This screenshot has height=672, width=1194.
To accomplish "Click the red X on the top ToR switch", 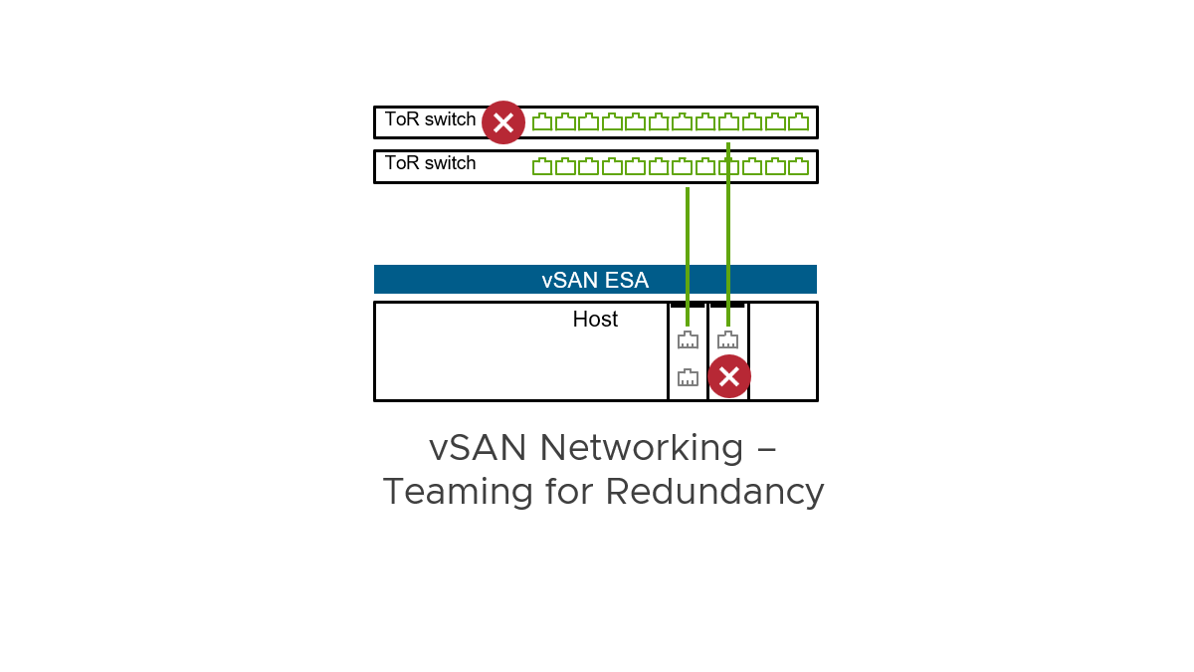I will (503, 122).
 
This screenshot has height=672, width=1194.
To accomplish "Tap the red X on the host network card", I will (729, 376).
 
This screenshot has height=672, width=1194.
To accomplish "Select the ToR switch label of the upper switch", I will (430, 119).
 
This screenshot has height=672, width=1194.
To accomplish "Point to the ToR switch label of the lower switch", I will (430, 163).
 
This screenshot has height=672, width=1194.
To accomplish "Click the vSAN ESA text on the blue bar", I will (595, 280).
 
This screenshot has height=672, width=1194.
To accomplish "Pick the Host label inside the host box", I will (595, 320).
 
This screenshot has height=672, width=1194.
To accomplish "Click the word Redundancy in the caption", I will (715, 492).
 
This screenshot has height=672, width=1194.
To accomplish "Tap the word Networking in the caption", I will (642, 448).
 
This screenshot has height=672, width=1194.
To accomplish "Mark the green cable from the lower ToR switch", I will (688, 249).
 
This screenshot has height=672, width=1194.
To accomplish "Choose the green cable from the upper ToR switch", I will (728, 229).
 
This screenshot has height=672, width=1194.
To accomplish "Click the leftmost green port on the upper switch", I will (542, 122).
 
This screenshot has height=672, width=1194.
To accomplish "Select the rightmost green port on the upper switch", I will (799, 122).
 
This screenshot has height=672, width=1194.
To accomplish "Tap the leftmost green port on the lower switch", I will (542, 166).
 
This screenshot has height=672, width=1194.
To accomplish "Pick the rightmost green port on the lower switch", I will (799, 166).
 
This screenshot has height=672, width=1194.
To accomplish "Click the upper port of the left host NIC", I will (688, 340).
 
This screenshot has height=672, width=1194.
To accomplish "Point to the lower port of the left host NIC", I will (688, 377).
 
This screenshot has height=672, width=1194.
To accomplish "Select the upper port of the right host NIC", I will (728, 340).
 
